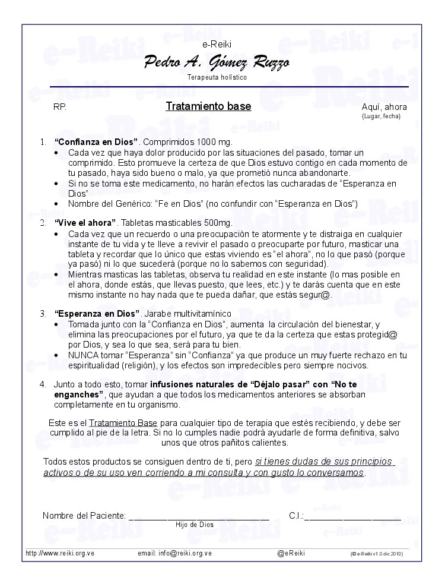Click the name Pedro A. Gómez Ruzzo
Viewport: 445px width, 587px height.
click(x=217, y=62)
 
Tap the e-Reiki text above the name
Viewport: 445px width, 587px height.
click(x=217, y=44)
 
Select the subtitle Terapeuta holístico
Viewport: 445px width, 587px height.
click(x=217, y=77)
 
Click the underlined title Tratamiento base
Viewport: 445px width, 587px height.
click(x=208, y=107)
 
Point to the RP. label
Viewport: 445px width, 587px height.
click(x=60, y=107)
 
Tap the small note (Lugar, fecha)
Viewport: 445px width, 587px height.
click(x=381, y=116)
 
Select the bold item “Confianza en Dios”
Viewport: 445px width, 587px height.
click(x=96, y=142)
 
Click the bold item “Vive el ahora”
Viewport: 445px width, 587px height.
click(x=85, y=222)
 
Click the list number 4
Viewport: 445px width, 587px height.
click(x=43, y=384)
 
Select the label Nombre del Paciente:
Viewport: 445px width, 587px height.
click(x=84, y=515)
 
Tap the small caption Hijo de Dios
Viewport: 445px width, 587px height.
click(x=194, y=525)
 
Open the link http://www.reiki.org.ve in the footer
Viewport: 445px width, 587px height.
click(x=60, y=553)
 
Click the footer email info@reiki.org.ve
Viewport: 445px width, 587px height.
click(x=185, y=553)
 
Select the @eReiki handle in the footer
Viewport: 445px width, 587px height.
click(x=291, y=553)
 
